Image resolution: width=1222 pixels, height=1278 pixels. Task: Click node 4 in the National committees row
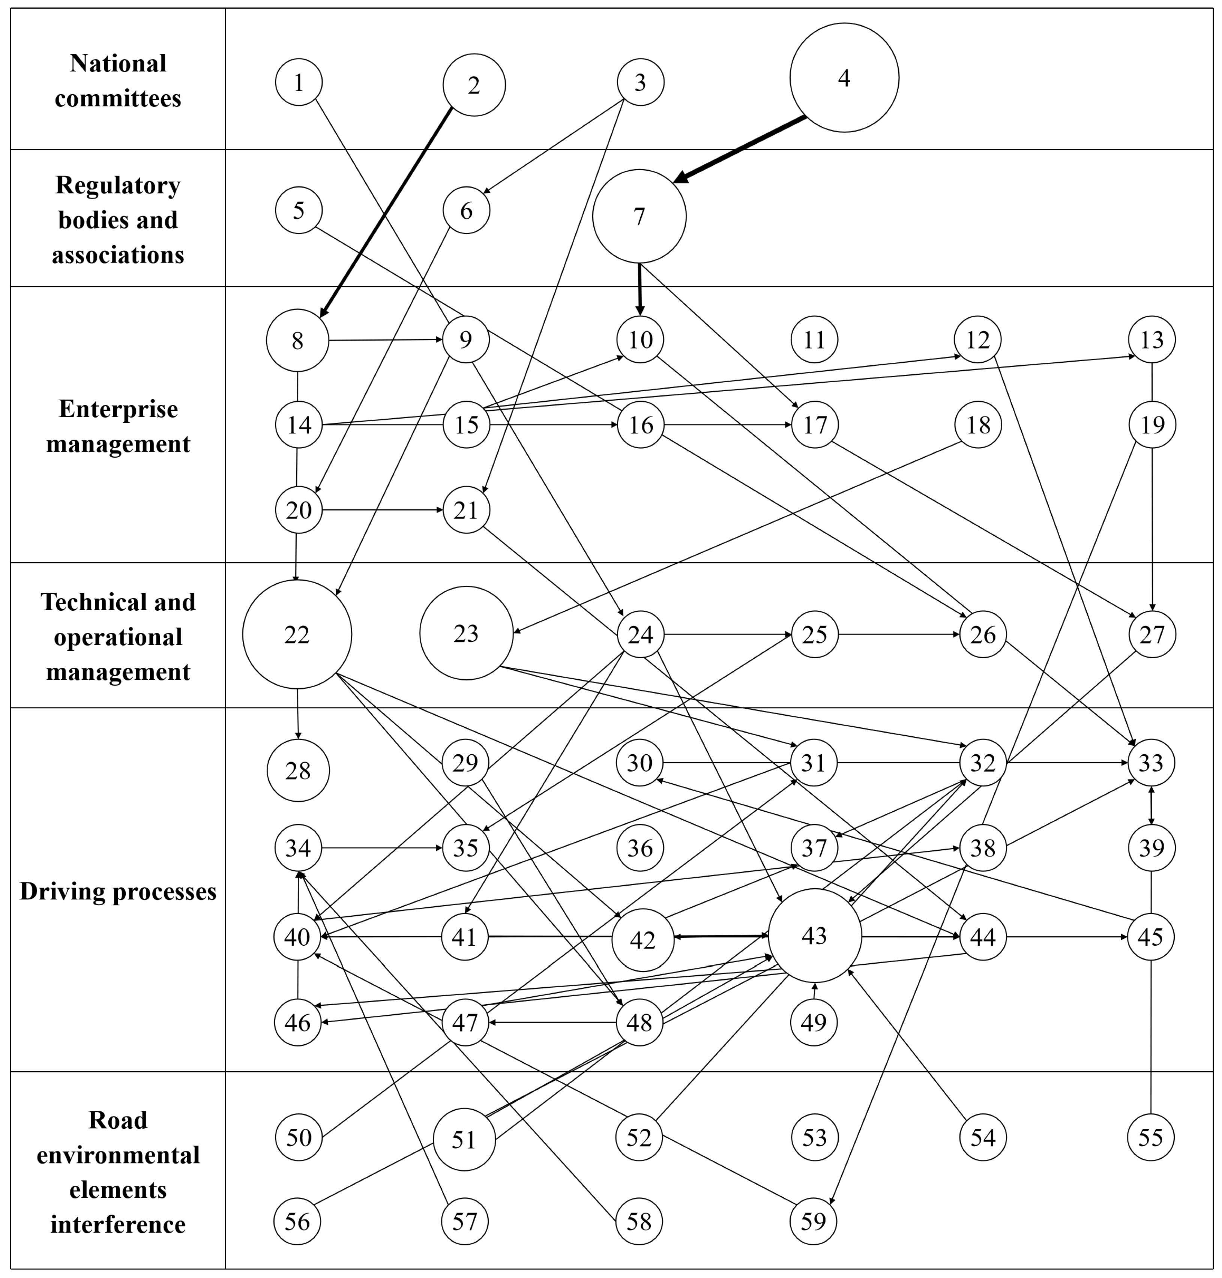click(844, 78)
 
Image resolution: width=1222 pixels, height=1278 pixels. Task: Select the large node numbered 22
click(297, 634)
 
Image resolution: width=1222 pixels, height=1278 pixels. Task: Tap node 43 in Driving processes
click(814, 936)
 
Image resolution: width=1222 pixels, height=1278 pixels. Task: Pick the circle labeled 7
click(639, 216)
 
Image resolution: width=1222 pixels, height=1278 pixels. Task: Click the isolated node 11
click(814, 339)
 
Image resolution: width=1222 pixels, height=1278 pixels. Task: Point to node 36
click(640, 848)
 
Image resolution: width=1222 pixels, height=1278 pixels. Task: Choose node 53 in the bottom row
click(814, 1137)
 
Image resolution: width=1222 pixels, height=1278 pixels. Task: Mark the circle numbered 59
click(814, 1221)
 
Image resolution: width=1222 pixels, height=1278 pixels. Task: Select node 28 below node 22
click(298, 770)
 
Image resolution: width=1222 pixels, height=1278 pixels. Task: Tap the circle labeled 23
click(466, 633)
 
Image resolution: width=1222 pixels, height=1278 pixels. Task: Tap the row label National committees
click(118, 81)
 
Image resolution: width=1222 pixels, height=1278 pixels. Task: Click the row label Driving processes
click(118, 891)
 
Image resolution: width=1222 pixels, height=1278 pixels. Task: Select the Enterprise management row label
click(118, 426)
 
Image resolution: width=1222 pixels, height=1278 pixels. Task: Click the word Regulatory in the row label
click(118, 186)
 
